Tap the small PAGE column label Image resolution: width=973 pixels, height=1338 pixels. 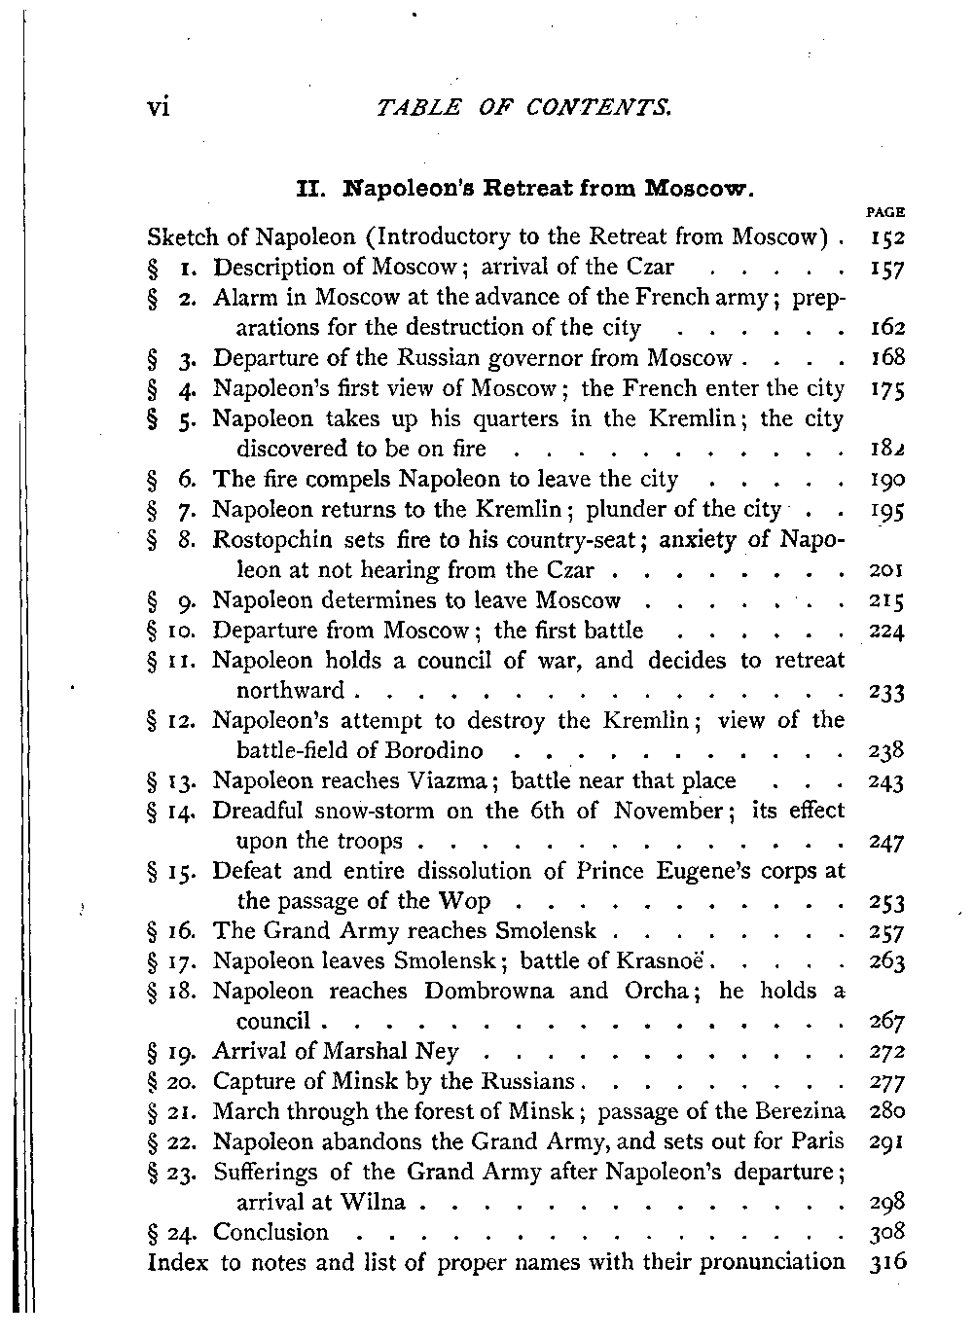click(891, 211)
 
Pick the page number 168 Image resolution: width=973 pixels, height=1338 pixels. click(889, 358)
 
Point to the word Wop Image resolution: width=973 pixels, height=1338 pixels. click(464, 901)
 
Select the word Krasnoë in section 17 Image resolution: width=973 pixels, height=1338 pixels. click(665, 961)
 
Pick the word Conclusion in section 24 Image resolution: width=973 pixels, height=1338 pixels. click(270, 1233)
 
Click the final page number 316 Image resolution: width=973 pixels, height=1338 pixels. click(889, 1263)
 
